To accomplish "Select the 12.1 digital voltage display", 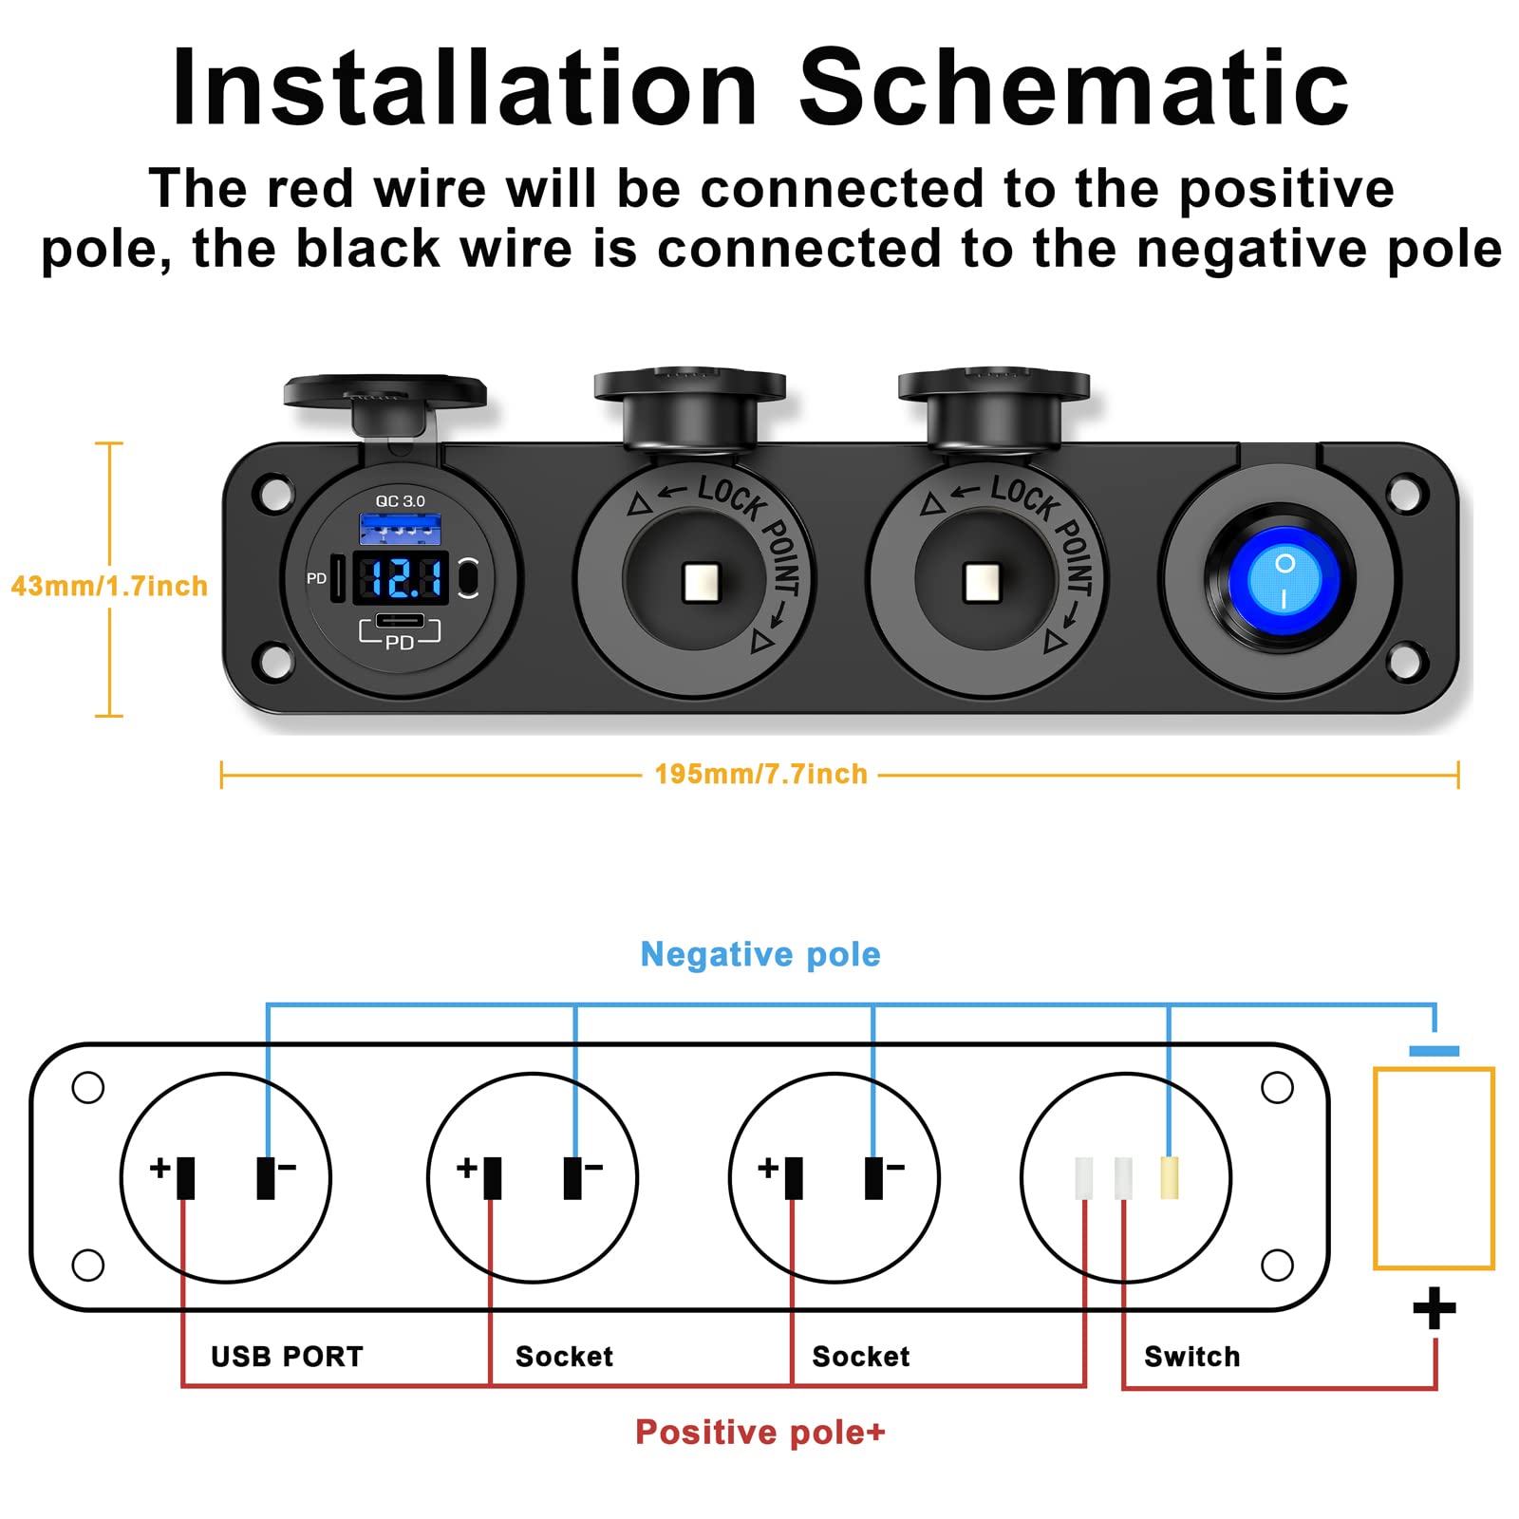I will click(401, 577).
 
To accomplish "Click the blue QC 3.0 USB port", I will click(400, 528).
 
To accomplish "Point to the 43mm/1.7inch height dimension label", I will click(109, 586).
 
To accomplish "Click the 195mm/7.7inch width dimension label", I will click(760, 774).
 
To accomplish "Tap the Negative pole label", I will click(760, 954).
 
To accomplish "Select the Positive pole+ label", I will click(759, 1432).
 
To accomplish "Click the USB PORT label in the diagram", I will click(287, 1357).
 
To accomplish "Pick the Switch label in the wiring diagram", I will click(1191, 1357).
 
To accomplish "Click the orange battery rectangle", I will click(1434, 1168).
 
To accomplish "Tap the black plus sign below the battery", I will click(1434, 1309).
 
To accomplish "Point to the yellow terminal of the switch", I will click(1170, 1177).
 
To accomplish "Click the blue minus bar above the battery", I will click(1434, 1051).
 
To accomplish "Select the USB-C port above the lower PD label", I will click(400, 621).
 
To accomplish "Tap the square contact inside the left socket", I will click(702, 581).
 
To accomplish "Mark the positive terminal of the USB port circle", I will click(186, 1177).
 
